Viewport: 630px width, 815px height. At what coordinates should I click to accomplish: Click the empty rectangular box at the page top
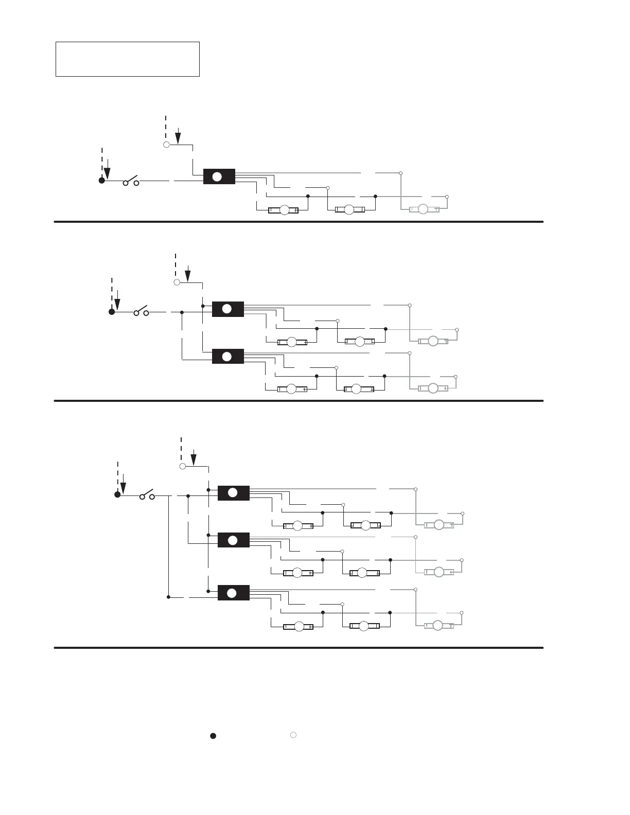pos(127,59)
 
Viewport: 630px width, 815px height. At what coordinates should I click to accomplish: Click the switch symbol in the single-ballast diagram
pos(131,181)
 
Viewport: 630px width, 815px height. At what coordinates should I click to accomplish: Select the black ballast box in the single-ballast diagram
pos(219,176)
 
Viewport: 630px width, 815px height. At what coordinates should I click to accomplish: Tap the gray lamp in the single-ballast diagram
pos(424,209)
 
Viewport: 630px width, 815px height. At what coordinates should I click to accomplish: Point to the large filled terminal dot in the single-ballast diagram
pos(102,181)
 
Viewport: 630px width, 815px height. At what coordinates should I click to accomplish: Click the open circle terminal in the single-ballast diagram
pos(166,145)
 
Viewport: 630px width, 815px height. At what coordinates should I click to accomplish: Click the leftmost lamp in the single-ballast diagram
pos(284,210)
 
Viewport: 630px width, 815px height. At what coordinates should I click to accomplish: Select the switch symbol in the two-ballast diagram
pos(142,312)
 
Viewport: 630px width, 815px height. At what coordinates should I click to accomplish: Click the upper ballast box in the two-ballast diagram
pos(227,309)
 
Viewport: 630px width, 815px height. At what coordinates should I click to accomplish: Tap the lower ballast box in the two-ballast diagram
pos(227,356)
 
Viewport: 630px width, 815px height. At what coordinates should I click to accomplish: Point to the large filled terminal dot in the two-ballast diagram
pos(112,312)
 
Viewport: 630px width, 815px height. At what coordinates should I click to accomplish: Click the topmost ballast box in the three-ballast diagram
pos(233,493)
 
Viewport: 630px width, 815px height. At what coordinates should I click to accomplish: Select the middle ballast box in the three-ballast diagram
pos(233,540)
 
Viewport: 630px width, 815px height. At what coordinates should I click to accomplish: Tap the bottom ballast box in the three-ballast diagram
pos(233,593)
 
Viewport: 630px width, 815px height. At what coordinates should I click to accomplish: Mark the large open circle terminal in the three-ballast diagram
pos(182,466)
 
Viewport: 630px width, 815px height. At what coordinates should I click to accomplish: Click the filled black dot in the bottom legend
pos(212,736)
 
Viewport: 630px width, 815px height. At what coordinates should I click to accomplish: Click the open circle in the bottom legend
pos(292,735)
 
